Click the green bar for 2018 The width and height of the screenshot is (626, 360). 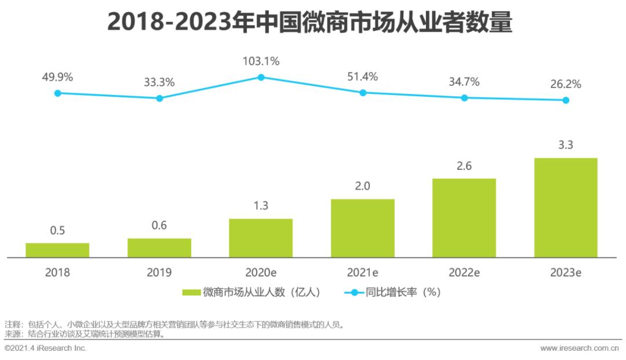point(57,250)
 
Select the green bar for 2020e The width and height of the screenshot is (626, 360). point(261,238)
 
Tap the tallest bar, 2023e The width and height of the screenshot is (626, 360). point(566,207)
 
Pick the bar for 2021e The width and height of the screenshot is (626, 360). point(362,228)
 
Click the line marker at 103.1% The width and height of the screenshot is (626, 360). point(261,77)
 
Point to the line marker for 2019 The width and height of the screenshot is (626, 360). point(159,98)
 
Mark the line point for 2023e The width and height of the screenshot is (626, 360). point(566,100)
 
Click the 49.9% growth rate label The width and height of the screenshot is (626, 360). point(57,77)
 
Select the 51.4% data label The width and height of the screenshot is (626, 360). point(362,77)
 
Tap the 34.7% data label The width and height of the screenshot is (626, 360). point(464,82)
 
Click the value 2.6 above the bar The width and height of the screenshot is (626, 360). point(464,166)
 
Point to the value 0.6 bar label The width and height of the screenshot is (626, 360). point(159,226)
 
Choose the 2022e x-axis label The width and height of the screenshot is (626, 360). point(464,272)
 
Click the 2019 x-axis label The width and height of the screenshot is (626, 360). point(159,272)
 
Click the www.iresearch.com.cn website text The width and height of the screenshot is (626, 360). point(580,348)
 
